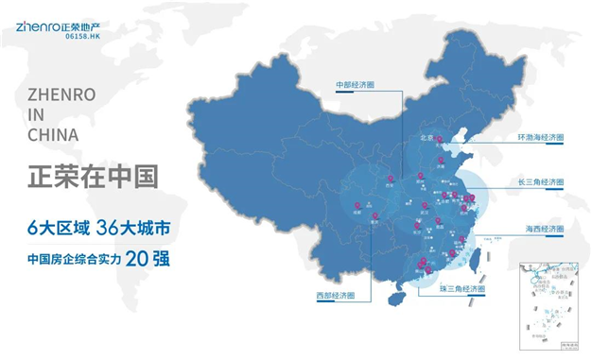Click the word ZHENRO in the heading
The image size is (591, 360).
pos(60,96)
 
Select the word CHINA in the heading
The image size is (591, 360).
pos(53,135)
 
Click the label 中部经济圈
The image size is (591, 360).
pos(356,85)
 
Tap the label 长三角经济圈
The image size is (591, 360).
pos(542,183)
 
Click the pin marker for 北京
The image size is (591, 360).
pos(439,138)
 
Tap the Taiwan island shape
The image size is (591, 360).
pos(474,250)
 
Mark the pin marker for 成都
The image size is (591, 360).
pos(356,205)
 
